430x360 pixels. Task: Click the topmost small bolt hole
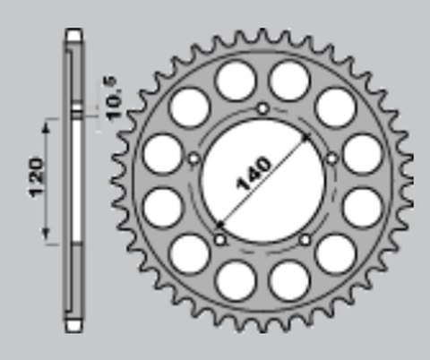262,109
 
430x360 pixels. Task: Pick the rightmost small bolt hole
331,159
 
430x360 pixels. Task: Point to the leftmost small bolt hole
193,159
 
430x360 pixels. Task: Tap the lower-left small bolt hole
220,239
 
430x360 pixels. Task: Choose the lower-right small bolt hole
305,239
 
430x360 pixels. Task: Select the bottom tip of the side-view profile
74,324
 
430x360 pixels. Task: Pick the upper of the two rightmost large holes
362,154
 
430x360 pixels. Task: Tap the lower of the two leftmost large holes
162,208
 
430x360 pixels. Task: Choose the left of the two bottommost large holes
235,279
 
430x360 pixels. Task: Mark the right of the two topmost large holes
290,81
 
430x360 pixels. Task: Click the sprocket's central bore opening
262,179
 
